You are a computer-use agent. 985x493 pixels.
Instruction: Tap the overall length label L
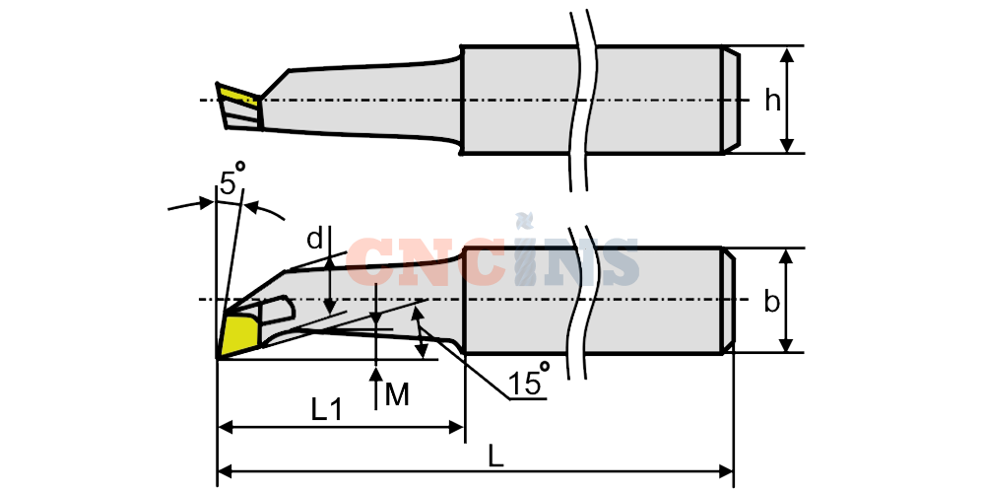[495, 456]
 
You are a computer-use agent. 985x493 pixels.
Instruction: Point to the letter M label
[396, 395]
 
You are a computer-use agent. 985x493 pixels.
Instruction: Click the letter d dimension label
[314, 239]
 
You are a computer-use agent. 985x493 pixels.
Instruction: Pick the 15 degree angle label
[529, 383]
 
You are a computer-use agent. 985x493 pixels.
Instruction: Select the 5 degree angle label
[228, 184]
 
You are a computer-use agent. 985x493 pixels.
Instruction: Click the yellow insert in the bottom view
[237, 334]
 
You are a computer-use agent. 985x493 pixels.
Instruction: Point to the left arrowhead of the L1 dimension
[224, 427]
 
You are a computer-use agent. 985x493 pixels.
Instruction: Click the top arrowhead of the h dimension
[786, 53]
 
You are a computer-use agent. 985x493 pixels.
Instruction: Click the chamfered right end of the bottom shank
[730, 301]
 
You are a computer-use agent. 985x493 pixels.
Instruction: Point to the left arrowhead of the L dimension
[224, 472]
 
